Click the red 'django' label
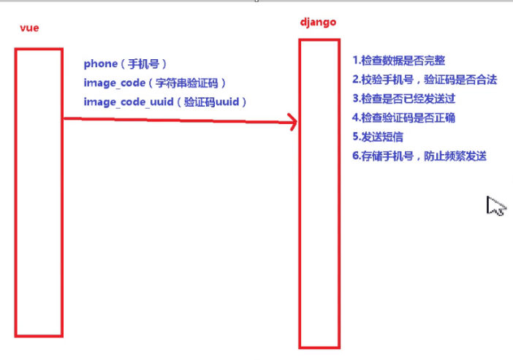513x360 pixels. click(318, 22)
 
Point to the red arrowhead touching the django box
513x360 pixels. click(291, 123)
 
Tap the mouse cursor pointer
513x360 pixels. click(494, 206)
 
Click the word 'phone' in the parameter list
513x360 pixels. click(100, 64)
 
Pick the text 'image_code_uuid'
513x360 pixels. click(128, 102)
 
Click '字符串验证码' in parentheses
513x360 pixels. click(192, 83)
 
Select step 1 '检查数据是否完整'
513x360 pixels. click(398, 61)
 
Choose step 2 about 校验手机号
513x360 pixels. click(425, 80)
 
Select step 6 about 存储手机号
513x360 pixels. click(419, 156)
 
